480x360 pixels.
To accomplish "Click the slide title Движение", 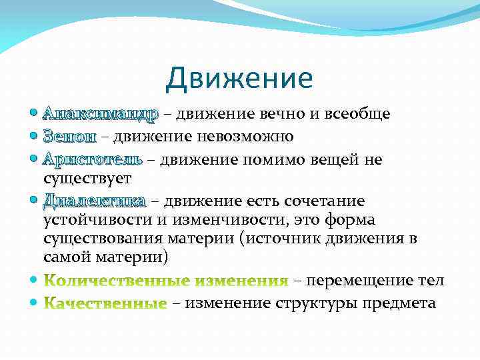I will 239,79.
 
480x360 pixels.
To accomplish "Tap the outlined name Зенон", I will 69,137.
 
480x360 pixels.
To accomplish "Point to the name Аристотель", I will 92,159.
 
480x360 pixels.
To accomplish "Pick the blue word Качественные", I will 105,304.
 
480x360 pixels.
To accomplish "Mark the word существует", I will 87,178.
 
